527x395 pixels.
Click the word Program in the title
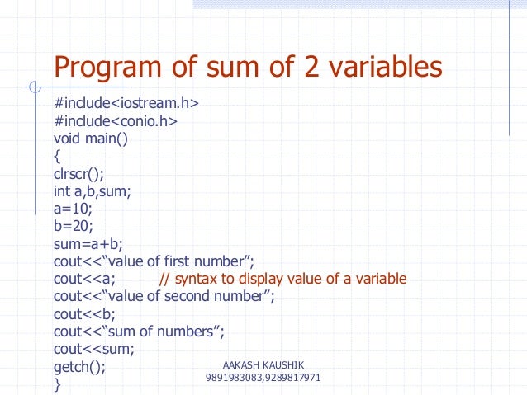(x=108, y=68)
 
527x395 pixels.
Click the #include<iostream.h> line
(x=126, y=106)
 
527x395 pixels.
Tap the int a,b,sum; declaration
(x=92, y=192)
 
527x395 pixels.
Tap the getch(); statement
(x=79, y=367)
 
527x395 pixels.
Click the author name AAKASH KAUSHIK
(x=263, y=364)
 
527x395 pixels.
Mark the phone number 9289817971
(x=292, y=378)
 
